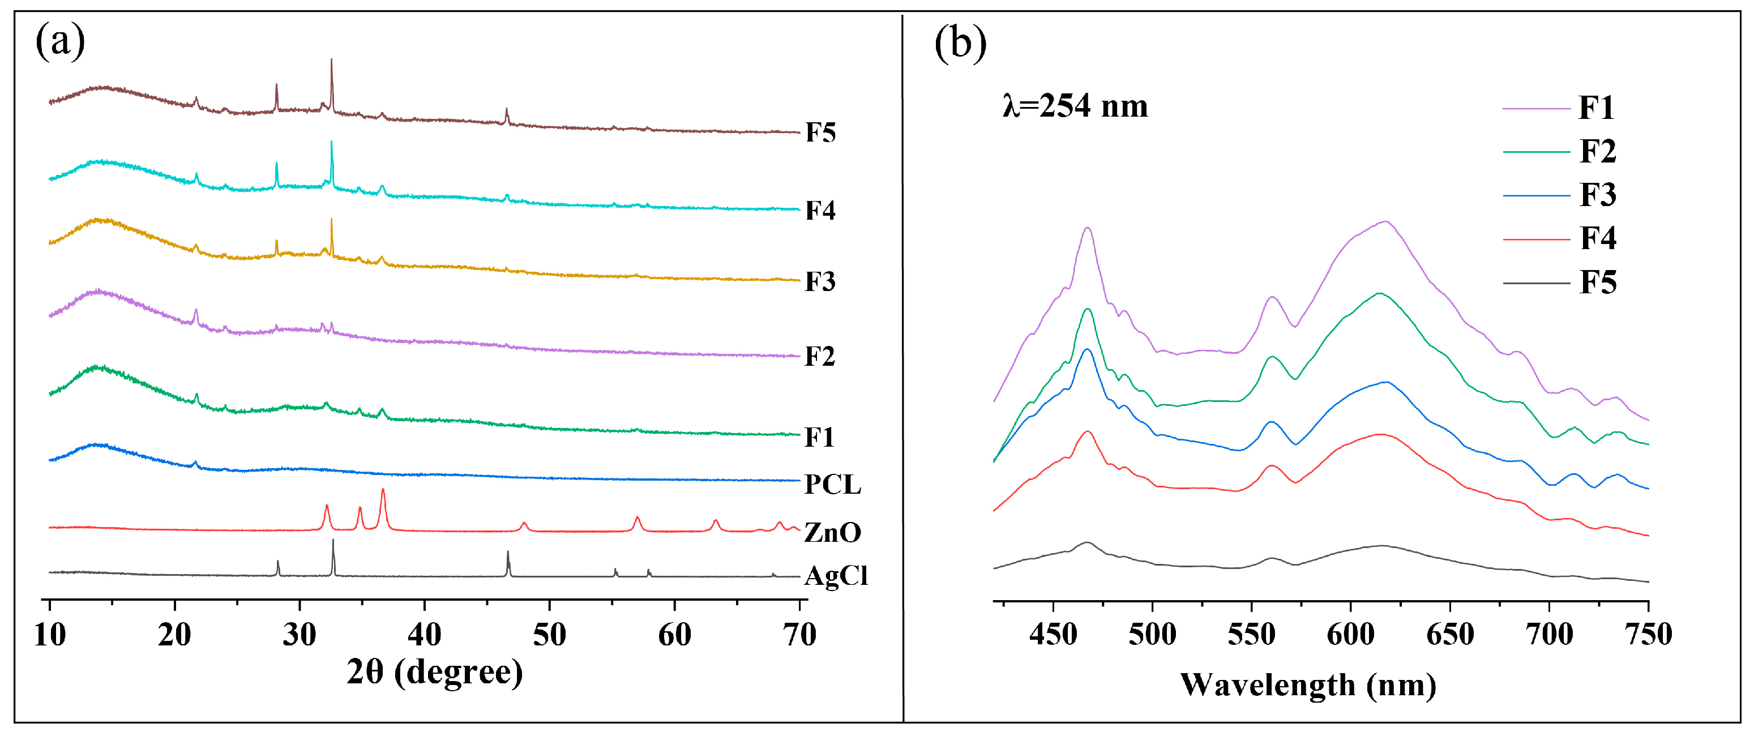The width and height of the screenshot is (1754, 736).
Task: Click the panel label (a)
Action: coord(60,42)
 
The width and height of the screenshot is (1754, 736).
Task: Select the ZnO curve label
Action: coord(832,532)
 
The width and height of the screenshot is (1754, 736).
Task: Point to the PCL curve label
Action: coord(832,484)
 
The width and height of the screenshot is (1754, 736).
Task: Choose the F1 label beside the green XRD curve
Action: coord(819,437)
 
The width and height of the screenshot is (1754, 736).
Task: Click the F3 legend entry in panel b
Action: coord(1597,195)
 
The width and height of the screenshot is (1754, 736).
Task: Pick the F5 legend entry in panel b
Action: coord(1597,282)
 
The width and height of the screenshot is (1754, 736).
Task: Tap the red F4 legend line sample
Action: coord(1536,239)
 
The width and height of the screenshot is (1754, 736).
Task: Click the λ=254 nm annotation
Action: coord(1075,106)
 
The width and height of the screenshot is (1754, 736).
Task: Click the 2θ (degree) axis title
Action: coord(434,673)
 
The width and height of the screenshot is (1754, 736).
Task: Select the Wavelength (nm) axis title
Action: coord(1307,685)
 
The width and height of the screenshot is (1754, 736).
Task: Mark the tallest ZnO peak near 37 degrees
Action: coord(383,490)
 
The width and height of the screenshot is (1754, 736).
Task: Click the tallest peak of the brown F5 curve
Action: coord(332,61)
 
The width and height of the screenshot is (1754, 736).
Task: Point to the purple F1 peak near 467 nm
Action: coord(1088,229)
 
